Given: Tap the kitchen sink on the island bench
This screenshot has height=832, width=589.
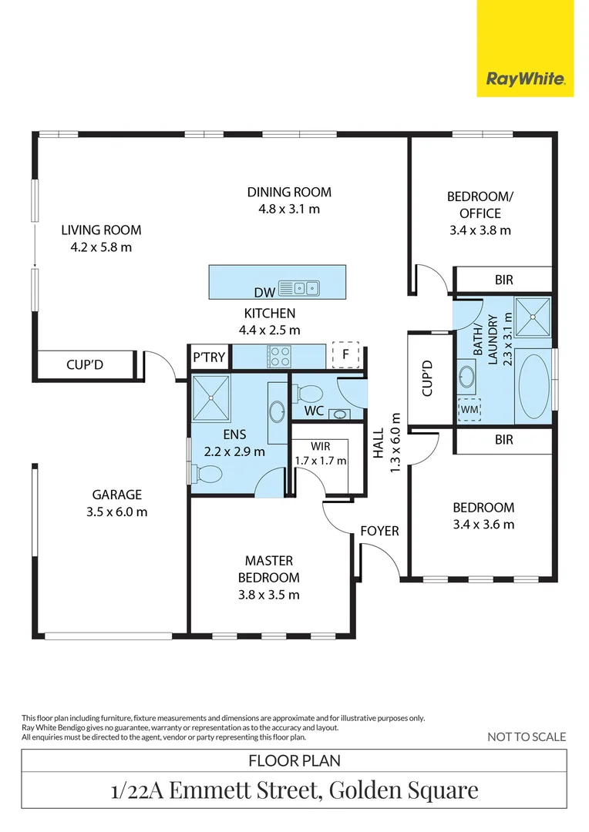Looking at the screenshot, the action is pos(299,288).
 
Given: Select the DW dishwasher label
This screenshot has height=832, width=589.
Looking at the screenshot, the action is pos(264,293).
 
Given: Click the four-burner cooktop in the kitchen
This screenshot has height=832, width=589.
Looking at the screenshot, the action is pos(279,357).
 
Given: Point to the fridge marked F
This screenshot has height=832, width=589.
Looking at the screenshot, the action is pos(345,355).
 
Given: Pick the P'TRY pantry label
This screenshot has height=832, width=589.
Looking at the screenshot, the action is pos(209,357).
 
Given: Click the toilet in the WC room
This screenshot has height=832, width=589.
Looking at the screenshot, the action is pos(310,394).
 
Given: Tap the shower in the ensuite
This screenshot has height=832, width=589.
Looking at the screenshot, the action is pos(210,398).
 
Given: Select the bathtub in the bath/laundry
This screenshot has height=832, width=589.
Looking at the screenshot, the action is pos(534,386).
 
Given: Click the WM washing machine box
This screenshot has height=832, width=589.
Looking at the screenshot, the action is pos(469,410).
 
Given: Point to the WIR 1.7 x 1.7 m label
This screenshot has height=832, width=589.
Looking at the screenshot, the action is pos(321,454).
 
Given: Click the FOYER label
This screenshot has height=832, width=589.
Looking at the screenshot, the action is pos(379,531).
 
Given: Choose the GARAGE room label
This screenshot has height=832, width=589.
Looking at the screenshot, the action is pos(117,495).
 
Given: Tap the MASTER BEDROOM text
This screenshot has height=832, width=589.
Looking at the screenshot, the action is pos(269,569).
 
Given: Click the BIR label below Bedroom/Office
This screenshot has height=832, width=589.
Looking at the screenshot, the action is pos(503,280).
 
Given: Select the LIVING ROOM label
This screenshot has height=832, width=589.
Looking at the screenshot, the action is pos(102,230).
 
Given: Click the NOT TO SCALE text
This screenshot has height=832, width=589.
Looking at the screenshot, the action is pos(527,736).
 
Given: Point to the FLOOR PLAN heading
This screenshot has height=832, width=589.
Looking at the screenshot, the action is pos(294,760).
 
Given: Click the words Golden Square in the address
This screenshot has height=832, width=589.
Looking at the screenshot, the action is pos(404,790).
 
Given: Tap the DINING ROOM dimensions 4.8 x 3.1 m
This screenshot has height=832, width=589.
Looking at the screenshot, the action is pos(289,209).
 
